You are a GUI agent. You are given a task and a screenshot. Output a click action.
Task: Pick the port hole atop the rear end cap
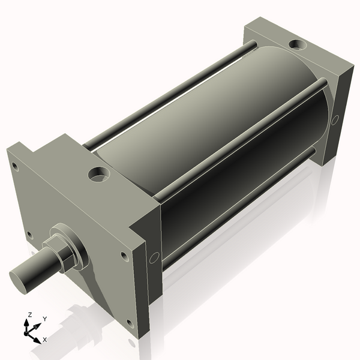coord(296,44)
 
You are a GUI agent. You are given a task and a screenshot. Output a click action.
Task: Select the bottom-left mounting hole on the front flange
coord(29,235)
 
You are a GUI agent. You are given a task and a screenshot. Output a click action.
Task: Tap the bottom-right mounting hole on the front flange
coord(130,325)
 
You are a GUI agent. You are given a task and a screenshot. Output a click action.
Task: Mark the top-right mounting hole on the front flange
coord(124,256)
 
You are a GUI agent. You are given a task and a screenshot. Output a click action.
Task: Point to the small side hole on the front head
coord(154,257)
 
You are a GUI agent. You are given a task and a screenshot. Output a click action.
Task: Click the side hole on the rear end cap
coord(335,119)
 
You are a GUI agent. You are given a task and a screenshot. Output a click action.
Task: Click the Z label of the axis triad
coord(29,315)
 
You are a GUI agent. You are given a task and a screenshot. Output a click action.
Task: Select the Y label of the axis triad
coord(44,319)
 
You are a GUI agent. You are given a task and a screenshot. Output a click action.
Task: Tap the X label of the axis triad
coord(44,340)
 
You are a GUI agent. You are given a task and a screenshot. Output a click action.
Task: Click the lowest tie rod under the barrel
coord(240,204)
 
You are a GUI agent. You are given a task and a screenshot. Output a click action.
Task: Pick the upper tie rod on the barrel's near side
coord(240,137)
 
